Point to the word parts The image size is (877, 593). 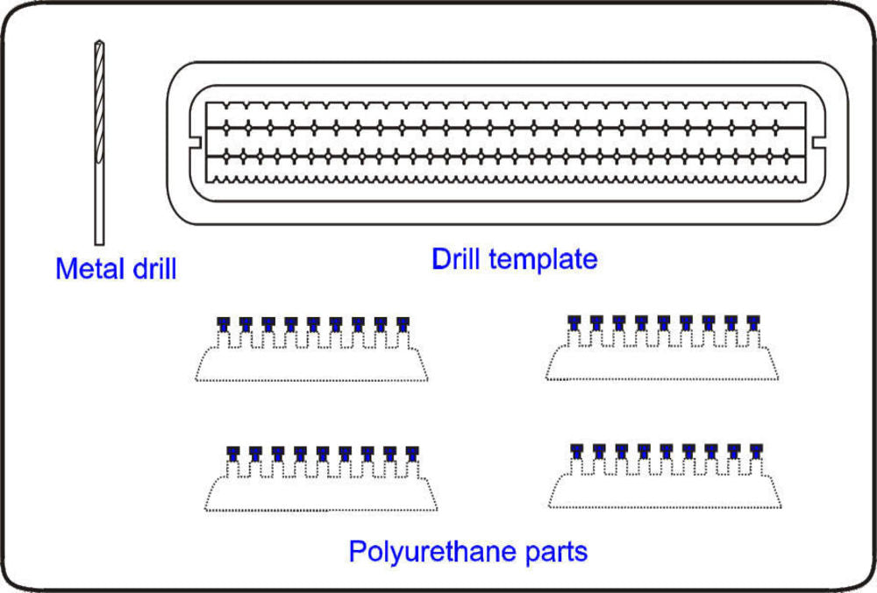pos(553,552)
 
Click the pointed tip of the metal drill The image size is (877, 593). pos(98,44)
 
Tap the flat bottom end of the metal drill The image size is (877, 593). pos(99,243)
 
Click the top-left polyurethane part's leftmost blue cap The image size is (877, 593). pos(224,323)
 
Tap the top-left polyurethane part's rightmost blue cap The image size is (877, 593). pos(403,323)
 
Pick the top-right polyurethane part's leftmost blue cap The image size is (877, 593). pos(574,321)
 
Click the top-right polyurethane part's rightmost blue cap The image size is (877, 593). pos(752,321)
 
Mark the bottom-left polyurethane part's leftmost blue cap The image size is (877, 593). pos(233,452)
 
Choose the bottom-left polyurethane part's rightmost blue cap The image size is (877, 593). pos(412,452)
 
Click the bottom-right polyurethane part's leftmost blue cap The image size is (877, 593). pos(577,450)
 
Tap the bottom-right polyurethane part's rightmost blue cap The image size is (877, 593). pos(756,450)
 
